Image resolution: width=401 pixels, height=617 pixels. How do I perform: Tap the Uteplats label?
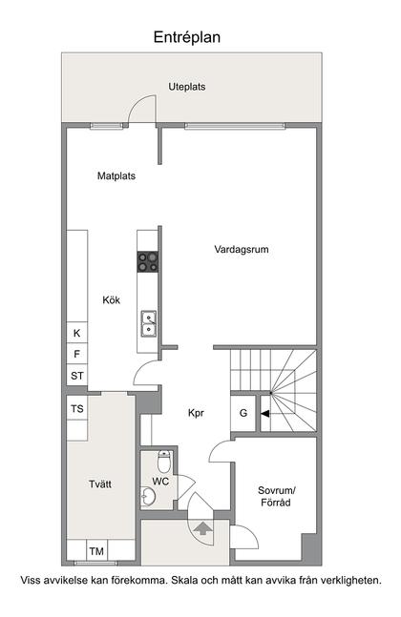click(x=187, y=87)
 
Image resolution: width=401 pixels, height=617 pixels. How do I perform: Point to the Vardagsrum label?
click(x=241, y=250)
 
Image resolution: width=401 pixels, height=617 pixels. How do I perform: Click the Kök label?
click(x=112, y=300)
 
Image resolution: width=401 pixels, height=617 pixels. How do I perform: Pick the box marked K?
click(x=76, y=333)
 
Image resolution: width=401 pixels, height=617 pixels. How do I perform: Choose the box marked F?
click(x=76, y=354)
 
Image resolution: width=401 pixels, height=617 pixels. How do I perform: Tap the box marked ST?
click(x=77, y=376)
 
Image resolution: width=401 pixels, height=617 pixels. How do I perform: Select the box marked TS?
click(x=77, y=409)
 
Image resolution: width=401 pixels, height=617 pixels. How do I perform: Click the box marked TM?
click(x=96, y=551)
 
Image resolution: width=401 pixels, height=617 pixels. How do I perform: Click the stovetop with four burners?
click(x=148, y=261)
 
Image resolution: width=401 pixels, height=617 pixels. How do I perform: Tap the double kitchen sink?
click(x=148, y=324)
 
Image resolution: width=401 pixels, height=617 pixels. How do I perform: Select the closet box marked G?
click(x=243, y=413)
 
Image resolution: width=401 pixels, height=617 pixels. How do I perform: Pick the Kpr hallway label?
click(x=197, y=413)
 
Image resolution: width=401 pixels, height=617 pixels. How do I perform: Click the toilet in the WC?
click(x=164, y=463)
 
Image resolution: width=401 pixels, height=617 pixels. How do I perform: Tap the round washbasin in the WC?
click(x=148, y=496)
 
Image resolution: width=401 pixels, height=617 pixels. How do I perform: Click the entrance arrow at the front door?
click(x=202, y=525)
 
